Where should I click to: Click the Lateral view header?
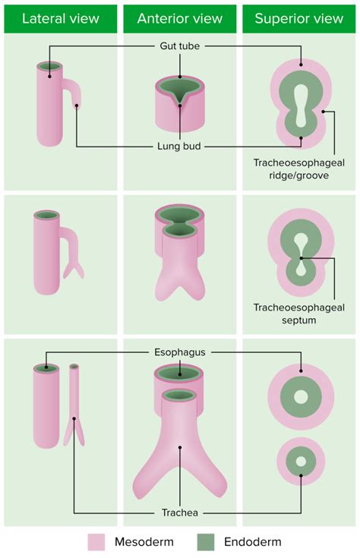tap(60, 17)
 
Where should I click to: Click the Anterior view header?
tap(180, 17)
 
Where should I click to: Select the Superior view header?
tap(299, 17)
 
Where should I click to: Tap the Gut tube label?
tap(180, 46)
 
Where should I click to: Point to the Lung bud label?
tap(180, 146)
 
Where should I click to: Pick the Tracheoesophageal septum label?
tap(300, 314)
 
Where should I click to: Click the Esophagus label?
tap(180, 352)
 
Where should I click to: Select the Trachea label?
tap(180, 513)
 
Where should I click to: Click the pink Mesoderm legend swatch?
tap(97, 542)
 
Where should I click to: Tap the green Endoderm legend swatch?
tap(207, 542)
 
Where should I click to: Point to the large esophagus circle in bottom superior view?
tap(301, 397)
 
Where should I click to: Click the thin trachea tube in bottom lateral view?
tap(74, 395)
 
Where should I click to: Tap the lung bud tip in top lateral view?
tap(77, 104)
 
